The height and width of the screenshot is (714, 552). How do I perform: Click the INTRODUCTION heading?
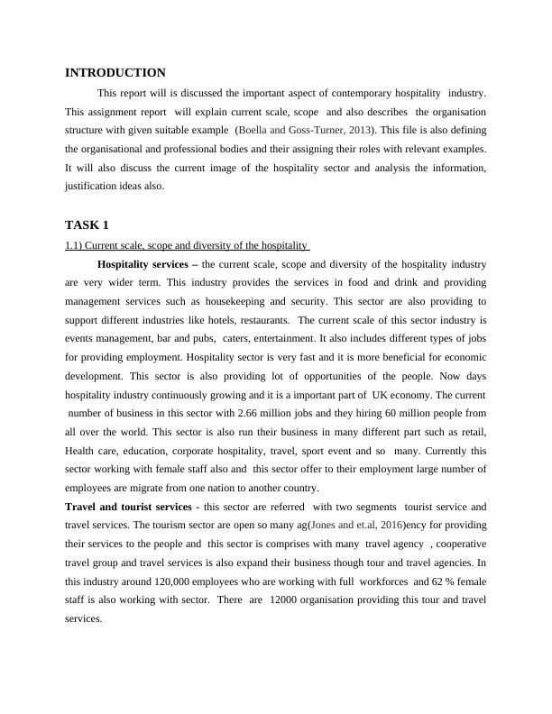115,73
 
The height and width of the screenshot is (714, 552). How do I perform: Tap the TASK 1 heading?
87,224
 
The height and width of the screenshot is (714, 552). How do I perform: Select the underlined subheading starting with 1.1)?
188,245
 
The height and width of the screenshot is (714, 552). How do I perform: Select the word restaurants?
262,320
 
